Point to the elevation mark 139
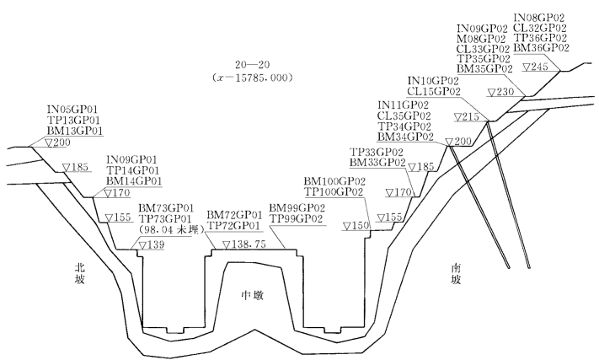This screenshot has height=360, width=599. point(152,244)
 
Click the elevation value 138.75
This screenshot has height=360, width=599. point(244,243)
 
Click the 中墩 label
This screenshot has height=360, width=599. point(254,294)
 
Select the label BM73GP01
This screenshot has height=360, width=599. point(166,207)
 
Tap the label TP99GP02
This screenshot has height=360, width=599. point(297,218)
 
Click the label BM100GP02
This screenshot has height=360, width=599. point(334,181)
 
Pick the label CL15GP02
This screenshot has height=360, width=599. point(434,91)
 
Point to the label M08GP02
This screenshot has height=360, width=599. point(481,39)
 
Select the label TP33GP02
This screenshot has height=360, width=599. point(377,152)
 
